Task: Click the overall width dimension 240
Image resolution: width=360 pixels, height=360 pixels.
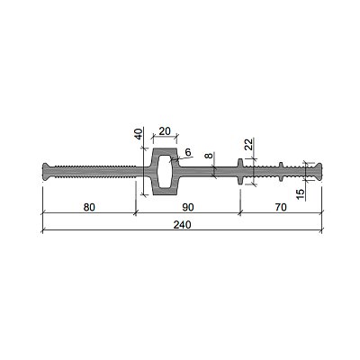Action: pyautogui.click(x=182, y=224)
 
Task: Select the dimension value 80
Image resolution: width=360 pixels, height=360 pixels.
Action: pyautogui.click(x=89, y=207)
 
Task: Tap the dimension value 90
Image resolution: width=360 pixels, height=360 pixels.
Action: pyautogui.click(x=188, y=207)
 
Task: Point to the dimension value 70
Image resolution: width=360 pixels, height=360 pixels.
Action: pyautogui.click(x=281, y=207)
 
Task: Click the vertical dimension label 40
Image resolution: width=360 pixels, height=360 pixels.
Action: pyautogui.click(x=138, y=134)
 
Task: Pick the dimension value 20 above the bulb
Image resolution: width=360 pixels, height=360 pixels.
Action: pyautogui.click(x=165, y=131)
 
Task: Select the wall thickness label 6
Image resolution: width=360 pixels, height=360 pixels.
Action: pyautogui.click(x=188, y=152)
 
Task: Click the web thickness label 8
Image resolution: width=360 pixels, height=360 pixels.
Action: pyautogui.click(x=210, y=156)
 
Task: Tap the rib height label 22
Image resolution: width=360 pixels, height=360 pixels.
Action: pyautogui.click(x=248, y=144)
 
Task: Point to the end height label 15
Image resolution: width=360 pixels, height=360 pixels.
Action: pyautogui.click(x=300, y=194)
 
